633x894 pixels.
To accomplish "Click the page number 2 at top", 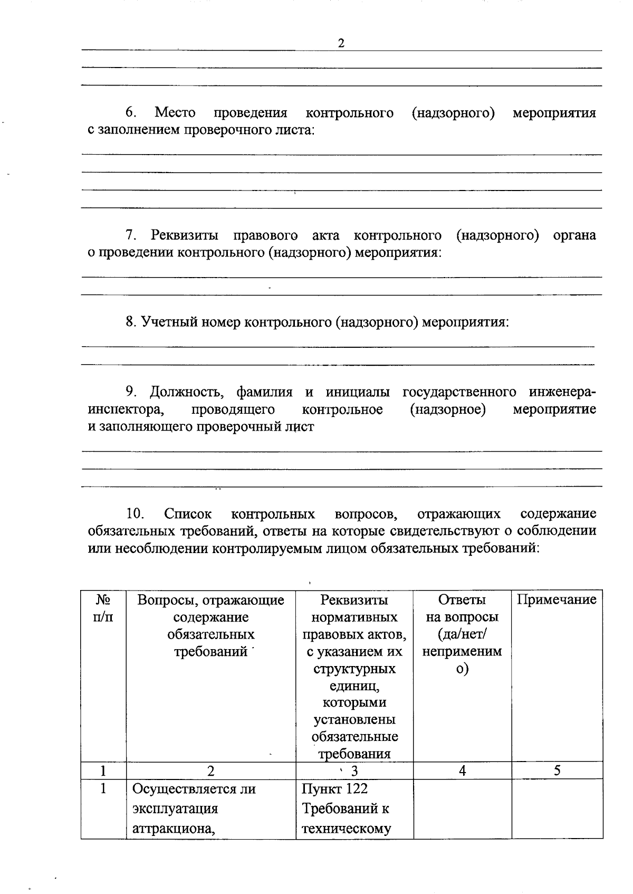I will (341, 43).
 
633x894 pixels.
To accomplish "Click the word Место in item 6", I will (175, 113).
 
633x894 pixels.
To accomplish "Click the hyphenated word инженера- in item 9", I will (562, 392).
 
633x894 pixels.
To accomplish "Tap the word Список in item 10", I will (188, 514).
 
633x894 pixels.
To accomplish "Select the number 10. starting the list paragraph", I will (136, 514).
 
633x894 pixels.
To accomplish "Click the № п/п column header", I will (103, 608).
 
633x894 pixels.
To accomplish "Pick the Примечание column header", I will (557, 600).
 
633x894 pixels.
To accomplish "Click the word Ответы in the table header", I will (462, 600).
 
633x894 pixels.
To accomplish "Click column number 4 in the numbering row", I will (462, 771).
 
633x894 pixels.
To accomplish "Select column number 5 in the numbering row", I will (557, 771).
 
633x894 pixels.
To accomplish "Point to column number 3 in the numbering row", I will (354, 771).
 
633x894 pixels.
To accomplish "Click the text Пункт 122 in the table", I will (334, 789).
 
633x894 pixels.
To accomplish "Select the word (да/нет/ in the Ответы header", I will (462, 634).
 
